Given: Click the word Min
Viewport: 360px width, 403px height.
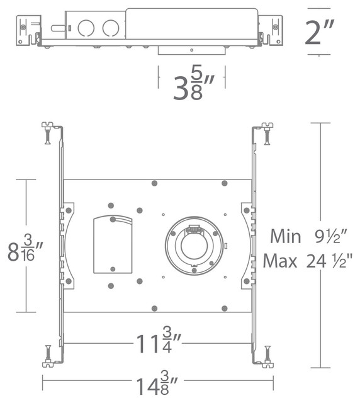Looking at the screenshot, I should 288,237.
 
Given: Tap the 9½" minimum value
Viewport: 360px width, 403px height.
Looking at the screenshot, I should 329,237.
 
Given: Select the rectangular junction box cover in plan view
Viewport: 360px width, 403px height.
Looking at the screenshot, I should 113,244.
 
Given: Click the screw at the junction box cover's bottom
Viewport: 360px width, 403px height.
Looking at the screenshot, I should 113,269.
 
